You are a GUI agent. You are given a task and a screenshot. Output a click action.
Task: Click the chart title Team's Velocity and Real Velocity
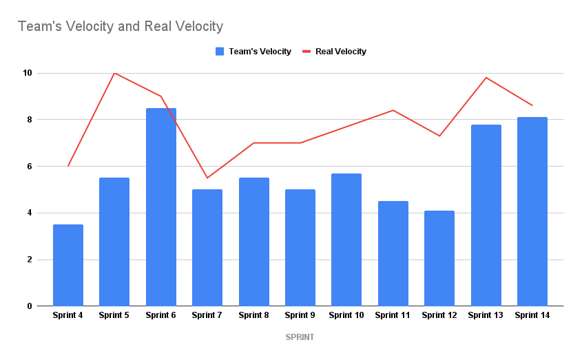pyautogui.click(x=121, y=27)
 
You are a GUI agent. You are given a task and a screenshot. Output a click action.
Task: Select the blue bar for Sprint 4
pyautogui.click(x=68, y=265)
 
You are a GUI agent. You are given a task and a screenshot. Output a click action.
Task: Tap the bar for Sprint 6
pyautogui.click(x=161, y=207)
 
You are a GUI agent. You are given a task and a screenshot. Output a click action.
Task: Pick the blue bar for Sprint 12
pyautogui.click(x=439, y=258)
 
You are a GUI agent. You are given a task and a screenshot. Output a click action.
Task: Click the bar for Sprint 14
pyautogui.click(x=532, y=211)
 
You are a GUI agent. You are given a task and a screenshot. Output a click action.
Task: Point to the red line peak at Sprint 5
pyautogui.click(x=114, y=73)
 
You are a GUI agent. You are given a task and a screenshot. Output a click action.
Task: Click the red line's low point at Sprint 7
pyautogui.click(x=207, y=178)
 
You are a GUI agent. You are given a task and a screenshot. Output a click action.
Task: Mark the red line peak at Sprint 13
pyautogui.click(x=486, y=78)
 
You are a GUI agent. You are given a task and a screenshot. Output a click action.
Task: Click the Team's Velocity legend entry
pyautogui.click(x=253, y=52)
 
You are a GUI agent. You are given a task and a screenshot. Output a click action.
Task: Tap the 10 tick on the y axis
pyautogui.click(x=28, y=73)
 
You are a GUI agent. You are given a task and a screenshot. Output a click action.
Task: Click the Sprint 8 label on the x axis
pyautogui.click(x=253, y=315)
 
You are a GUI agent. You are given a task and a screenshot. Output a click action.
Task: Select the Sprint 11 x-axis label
pyautogui.click(x=393, y=315)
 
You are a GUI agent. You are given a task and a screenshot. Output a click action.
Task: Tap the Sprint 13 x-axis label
pyautogui.click(x=486, y=315)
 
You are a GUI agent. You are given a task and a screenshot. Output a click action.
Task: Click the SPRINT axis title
pyautogui.click(x=300, y=337)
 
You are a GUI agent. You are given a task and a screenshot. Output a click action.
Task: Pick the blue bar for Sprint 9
pyautogui.click(x=300, y=248)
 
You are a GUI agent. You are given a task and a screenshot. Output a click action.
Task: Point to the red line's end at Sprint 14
pyautogui.click(x=532, y=105)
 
